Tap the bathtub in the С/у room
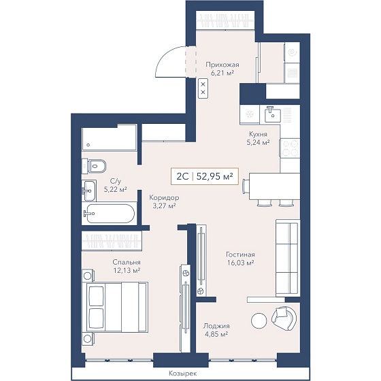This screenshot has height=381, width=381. click(x=109, y=214)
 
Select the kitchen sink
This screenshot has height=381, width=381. click(x=273, y=114)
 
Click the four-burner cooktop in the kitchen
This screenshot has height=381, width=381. click(x=290, y=148)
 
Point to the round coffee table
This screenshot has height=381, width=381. click(x=259, y=320)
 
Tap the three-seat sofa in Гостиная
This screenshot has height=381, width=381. click(x=288, y=258)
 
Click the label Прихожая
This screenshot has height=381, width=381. click(x=222, y=65)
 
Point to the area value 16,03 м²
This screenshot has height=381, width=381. click(x=241, y=263)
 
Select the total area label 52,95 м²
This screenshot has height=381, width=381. click(x=214, y=176)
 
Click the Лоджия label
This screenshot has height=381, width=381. click(x=216, y=326)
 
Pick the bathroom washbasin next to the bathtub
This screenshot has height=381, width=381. click(x=89, y=190)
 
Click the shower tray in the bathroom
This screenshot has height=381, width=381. click(x=110, y=137)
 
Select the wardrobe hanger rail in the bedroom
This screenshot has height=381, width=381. click(x=112, y=241)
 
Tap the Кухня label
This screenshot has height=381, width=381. click(x=258, y=134)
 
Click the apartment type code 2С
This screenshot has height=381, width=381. click(x=182, y=177)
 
